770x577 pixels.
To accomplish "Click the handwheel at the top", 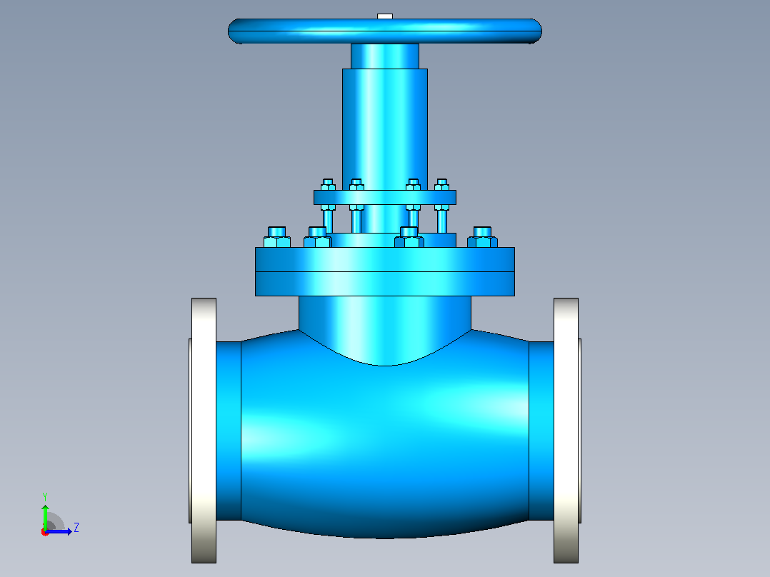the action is (384, 31).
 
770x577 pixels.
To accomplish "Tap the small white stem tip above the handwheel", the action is (385, 16).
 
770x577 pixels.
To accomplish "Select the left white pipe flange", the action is (204, 430).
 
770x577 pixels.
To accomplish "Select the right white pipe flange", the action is (566, 430).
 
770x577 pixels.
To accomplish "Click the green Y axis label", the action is (45, 497).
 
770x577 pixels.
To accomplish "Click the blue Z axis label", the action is (76, 528).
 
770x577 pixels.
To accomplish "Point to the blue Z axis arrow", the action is (59, 531).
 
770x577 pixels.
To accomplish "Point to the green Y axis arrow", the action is (45, 518).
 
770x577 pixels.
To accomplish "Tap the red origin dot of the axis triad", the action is (45, 532).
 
